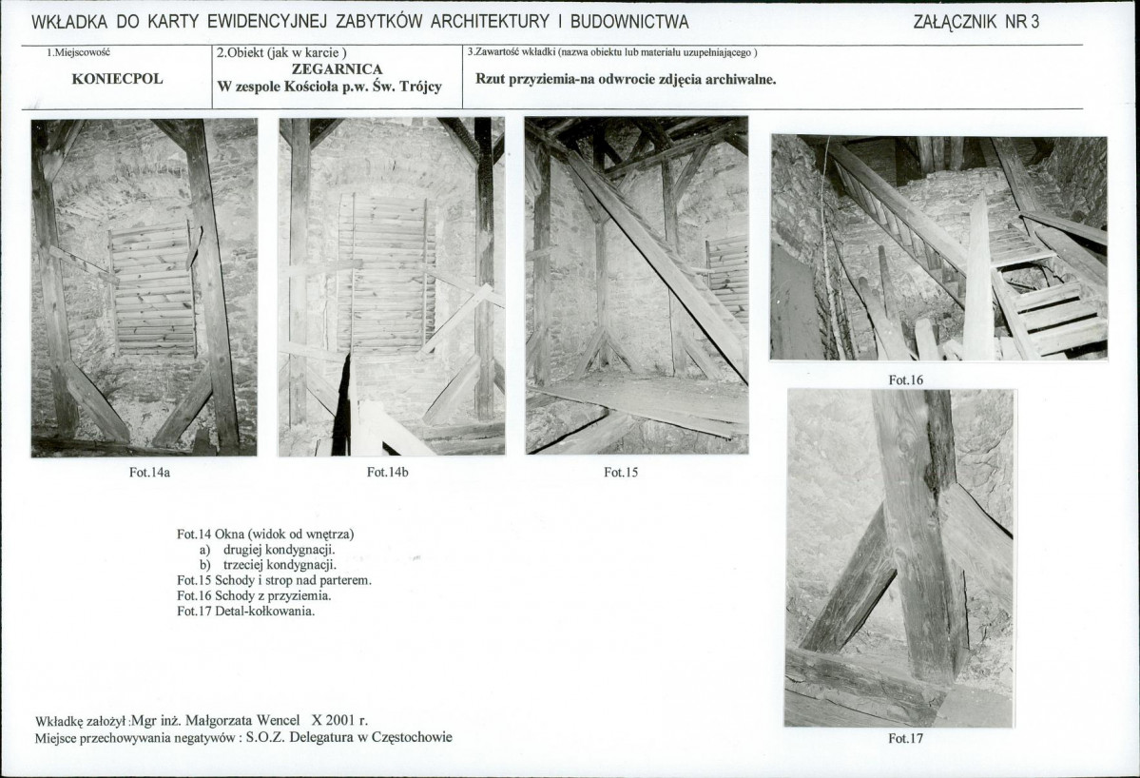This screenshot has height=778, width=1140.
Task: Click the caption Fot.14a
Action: [x=150, y=472]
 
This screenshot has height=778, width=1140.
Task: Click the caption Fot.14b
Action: [x=388, y=472]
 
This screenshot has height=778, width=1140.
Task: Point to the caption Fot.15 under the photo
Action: [x=620, y=472]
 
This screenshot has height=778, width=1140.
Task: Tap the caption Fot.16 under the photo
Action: [x=905, y=379]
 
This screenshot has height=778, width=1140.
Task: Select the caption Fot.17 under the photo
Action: [x=905, y=738]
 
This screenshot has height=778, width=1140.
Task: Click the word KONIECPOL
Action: [x=117, y=79]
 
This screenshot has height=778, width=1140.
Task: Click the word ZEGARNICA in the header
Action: [x=337, y=69]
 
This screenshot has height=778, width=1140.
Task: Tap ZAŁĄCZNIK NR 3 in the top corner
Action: [x=976, y=22]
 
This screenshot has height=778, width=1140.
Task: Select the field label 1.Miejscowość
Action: [x=79, y=51]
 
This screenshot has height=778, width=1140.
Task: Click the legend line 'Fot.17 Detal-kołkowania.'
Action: [x=245, y=611]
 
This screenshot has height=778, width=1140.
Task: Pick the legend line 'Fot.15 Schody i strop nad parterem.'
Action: [x=274, y=580]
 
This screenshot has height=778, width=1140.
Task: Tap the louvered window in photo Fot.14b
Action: [x=382, y=273]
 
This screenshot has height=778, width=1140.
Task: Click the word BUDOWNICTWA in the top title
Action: [x=628, y=22]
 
